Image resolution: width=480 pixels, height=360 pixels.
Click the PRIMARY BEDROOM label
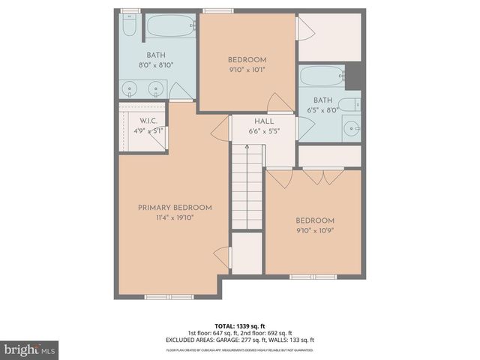coord(174,208)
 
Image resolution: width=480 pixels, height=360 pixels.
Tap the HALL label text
coord(263,121)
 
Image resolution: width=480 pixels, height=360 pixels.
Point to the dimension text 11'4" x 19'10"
coord(174,218)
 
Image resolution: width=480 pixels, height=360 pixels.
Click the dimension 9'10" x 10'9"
coord(314,230)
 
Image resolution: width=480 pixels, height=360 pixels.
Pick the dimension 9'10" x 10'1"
coord(247,70)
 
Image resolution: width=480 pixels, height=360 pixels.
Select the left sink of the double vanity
coord(132,89)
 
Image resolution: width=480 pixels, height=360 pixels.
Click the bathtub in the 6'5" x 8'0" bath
coord(322,76)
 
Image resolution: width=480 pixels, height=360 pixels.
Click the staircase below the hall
coord(247,187)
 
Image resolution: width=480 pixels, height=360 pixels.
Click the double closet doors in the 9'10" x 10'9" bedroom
coord(322,178)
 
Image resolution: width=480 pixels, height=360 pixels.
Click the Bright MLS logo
coord(29,349)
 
